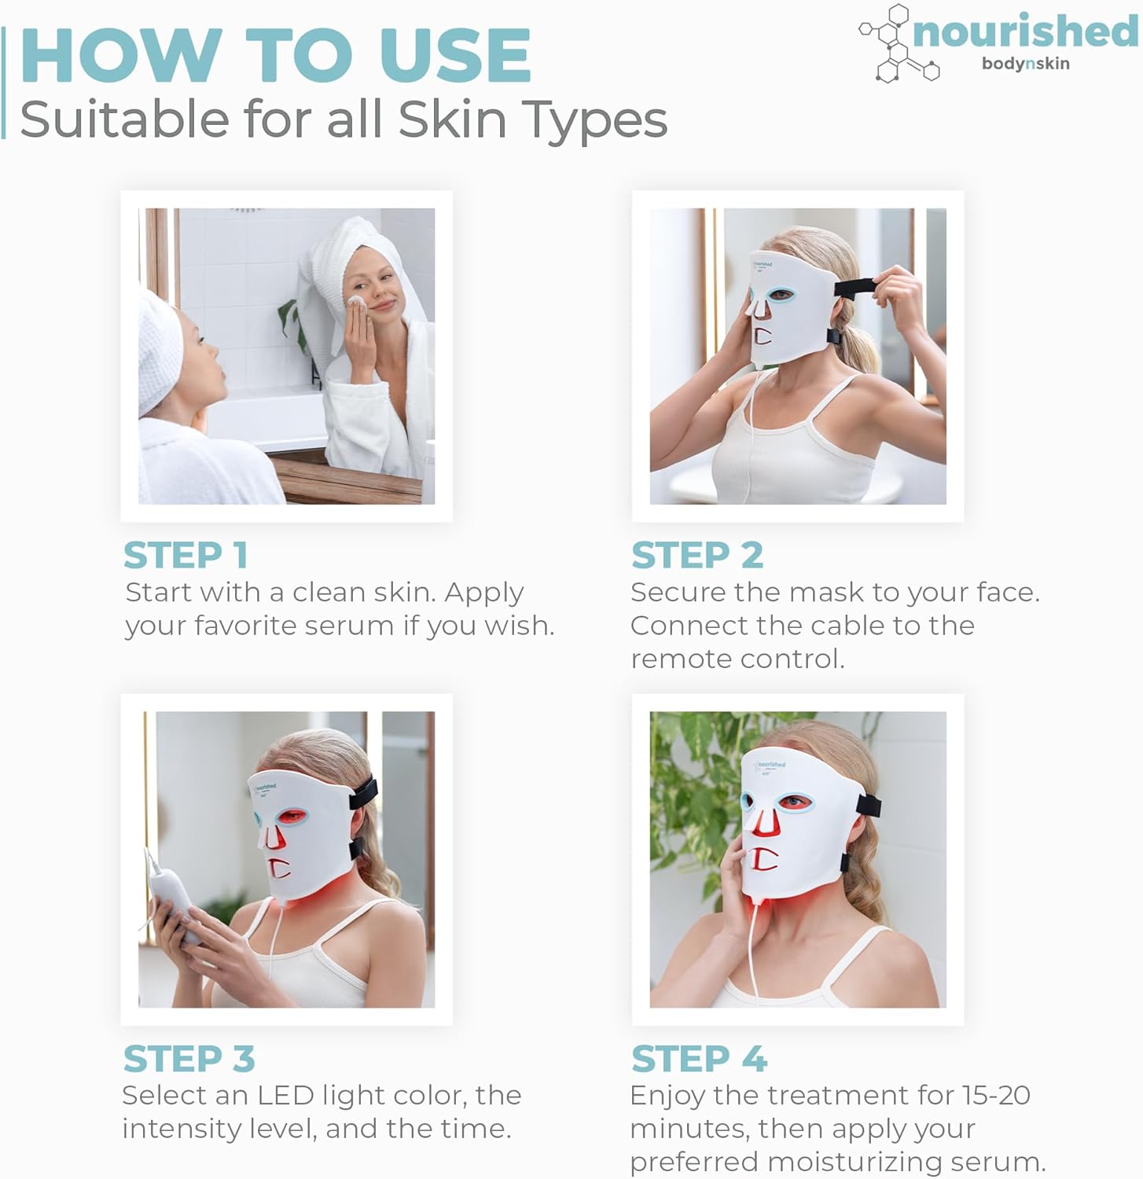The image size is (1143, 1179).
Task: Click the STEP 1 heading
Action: [186, 555]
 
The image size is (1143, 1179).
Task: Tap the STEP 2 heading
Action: [697, 555]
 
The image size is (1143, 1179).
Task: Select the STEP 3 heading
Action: [189, 1059]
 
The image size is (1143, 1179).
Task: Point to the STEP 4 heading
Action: [699, 1059]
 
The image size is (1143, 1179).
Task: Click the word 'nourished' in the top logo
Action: [1025, 31]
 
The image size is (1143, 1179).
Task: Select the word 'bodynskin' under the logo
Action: [1025, 64]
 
